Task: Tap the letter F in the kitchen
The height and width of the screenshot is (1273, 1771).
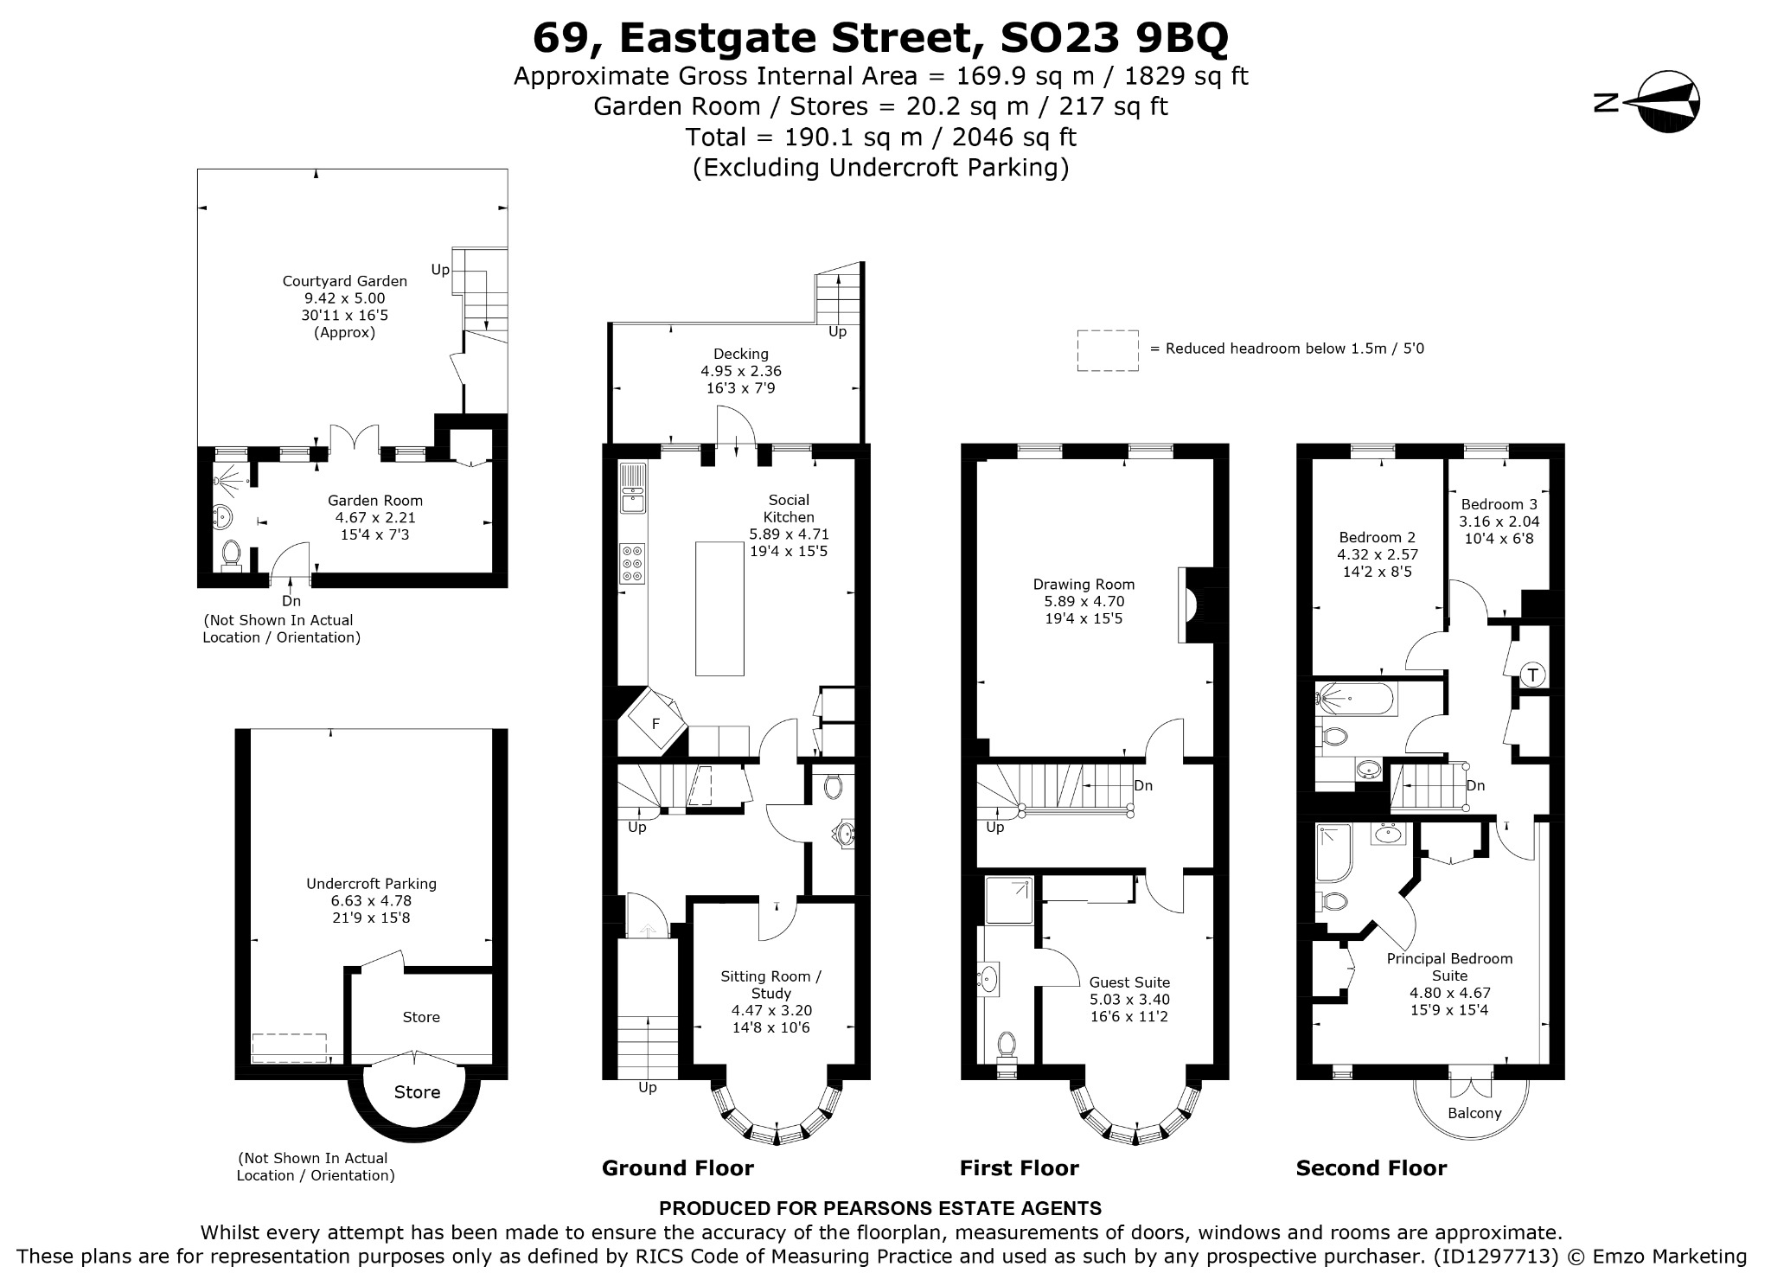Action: (655, 723)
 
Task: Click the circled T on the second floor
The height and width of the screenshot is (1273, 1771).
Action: (1532, 675)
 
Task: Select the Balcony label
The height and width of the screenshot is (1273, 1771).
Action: (1474, 1113)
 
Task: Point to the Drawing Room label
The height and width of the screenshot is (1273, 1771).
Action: (1084, 585)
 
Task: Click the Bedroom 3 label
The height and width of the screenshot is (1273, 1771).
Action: (1499, 504)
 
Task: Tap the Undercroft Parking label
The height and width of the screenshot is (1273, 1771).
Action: (371, 884)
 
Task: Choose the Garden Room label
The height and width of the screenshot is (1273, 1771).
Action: (375, 501)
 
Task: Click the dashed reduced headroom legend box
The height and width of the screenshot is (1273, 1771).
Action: (1108, 350)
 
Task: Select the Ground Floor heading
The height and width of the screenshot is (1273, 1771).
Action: (678, 1168)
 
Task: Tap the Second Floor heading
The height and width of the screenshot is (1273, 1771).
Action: (1371, 1168)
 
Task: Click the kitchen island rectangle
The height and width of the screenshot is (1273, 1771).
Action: (719, 608)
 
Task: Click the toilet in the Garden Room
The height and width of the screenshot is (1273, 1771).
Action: (231, 554)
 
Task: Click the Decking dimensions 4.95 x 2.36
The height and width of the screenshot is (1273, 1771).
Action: (741, 371)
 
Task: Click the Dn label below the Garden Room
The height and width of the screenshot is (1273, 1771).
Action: (291, 601)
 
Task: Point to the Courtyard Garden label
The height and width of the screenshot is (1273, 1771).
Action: (345, 281)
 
